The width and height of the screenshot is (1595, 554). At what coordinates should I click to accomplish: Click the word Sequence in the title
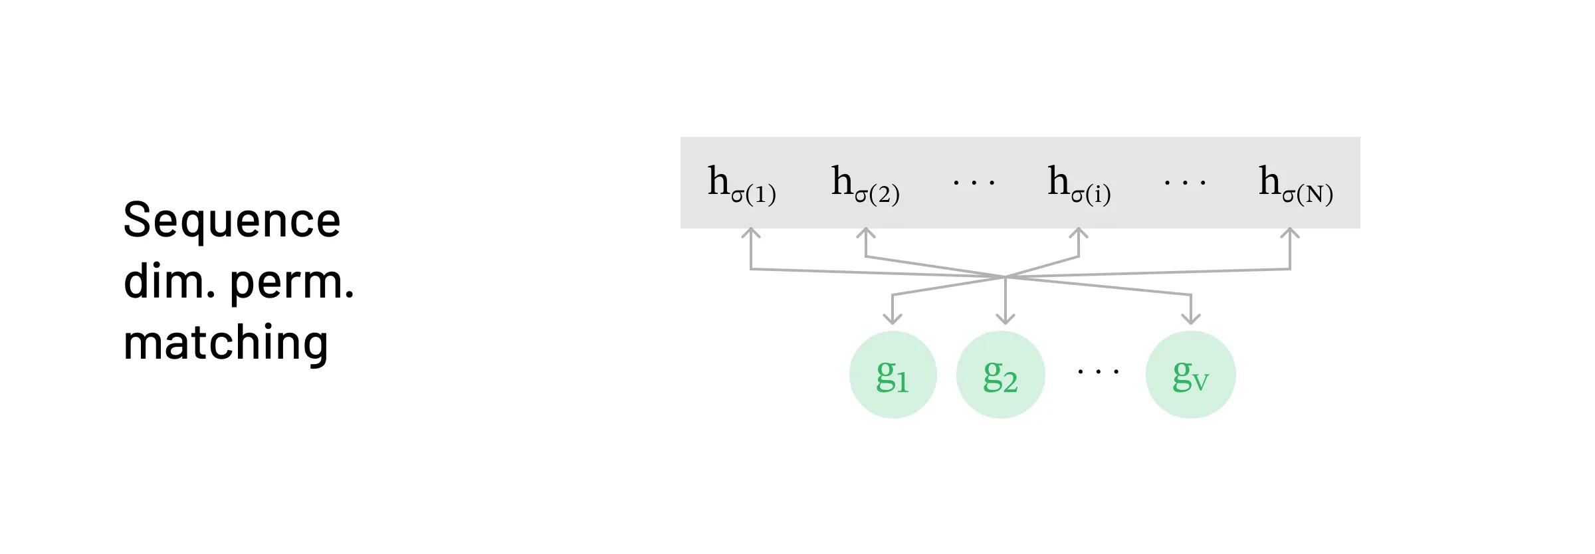click(232, 221)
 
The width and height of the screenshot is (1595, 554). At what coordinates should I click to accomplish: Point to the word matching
click(226, 343)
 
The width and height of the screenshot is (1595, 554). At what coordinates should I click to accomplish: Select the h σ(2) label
click(865, 184)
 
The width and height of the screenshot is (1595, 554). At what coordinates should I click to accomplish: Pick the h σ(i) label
click(1079, 184)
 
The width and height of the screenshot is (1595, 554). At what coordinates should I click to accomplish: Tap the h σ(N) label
click(1295, 184)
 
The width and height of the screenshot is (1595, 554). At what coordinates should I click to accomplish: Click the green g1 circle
click(893, 375)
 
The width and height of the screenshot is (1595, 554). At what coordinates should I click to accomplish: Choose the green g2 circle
click(1000, 375)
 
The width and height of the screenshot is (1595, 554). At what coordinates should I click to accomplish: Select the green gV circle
click(1190, 375)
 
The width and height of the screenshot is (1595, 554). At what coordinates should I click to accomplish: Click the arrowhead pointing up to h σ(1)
click(751, 233)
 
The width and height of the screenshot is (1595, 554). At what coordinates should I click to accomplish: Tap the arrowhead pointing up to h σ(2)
click(865, 233)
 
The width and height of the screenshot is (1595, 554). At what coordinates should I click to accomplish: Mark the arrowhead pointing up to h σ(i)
click(1079, 233)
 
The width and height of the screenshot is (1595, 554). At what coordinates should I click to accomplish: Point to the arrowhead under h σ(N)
click(1290, 233)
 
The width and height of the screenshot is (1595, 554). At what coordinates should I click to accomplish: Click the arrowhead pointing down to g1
click(893, 319)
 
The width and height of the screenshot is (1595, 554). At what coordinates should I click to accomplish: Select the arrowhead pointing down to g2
click(1006, 319)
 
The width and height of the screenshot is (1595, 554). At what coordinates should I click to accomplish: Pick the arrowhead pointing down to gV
click(1191, 319)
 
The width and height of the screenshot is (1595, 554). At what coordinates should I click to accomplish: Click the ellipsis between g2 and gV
click(1098, 372)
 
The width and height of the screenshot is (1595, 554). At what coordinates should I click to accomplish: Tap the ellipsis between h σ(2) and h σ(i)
click(974, 182)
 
